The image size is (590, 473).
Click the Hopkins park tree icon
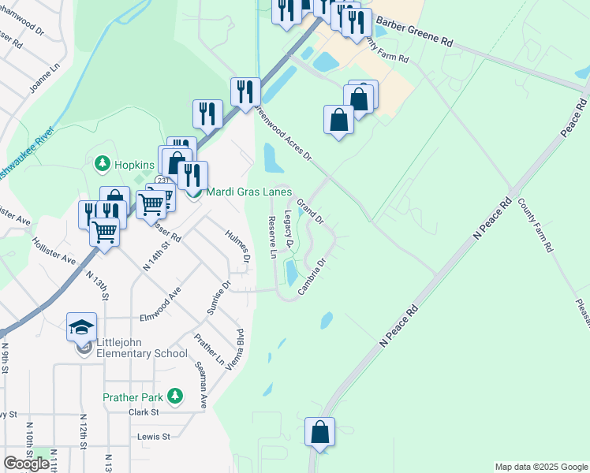click(x=101, y=164)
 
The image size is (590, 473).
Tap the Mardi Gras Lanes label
click(x=248, y=192)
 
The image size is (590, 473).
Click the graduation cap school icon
click(x=82, y=326)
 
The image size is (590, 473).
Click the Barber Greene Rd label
click(x=415, y=30)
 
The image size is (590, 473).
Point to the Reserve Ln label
click(x=272, y=237)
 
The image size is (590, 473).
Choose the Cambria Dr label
click(x=312, y=277)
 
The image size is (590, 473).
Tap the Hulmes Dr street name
click(x=237, y=246)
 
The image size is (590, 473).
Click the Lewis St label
click(x=154, y=436)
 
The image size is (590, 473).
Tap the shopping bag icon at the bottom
click(x=319, y=432)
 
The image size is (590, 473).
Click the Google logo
click(x=26, y=464)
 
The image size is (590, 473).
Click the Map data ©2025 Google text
click(x=540, y=467)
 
